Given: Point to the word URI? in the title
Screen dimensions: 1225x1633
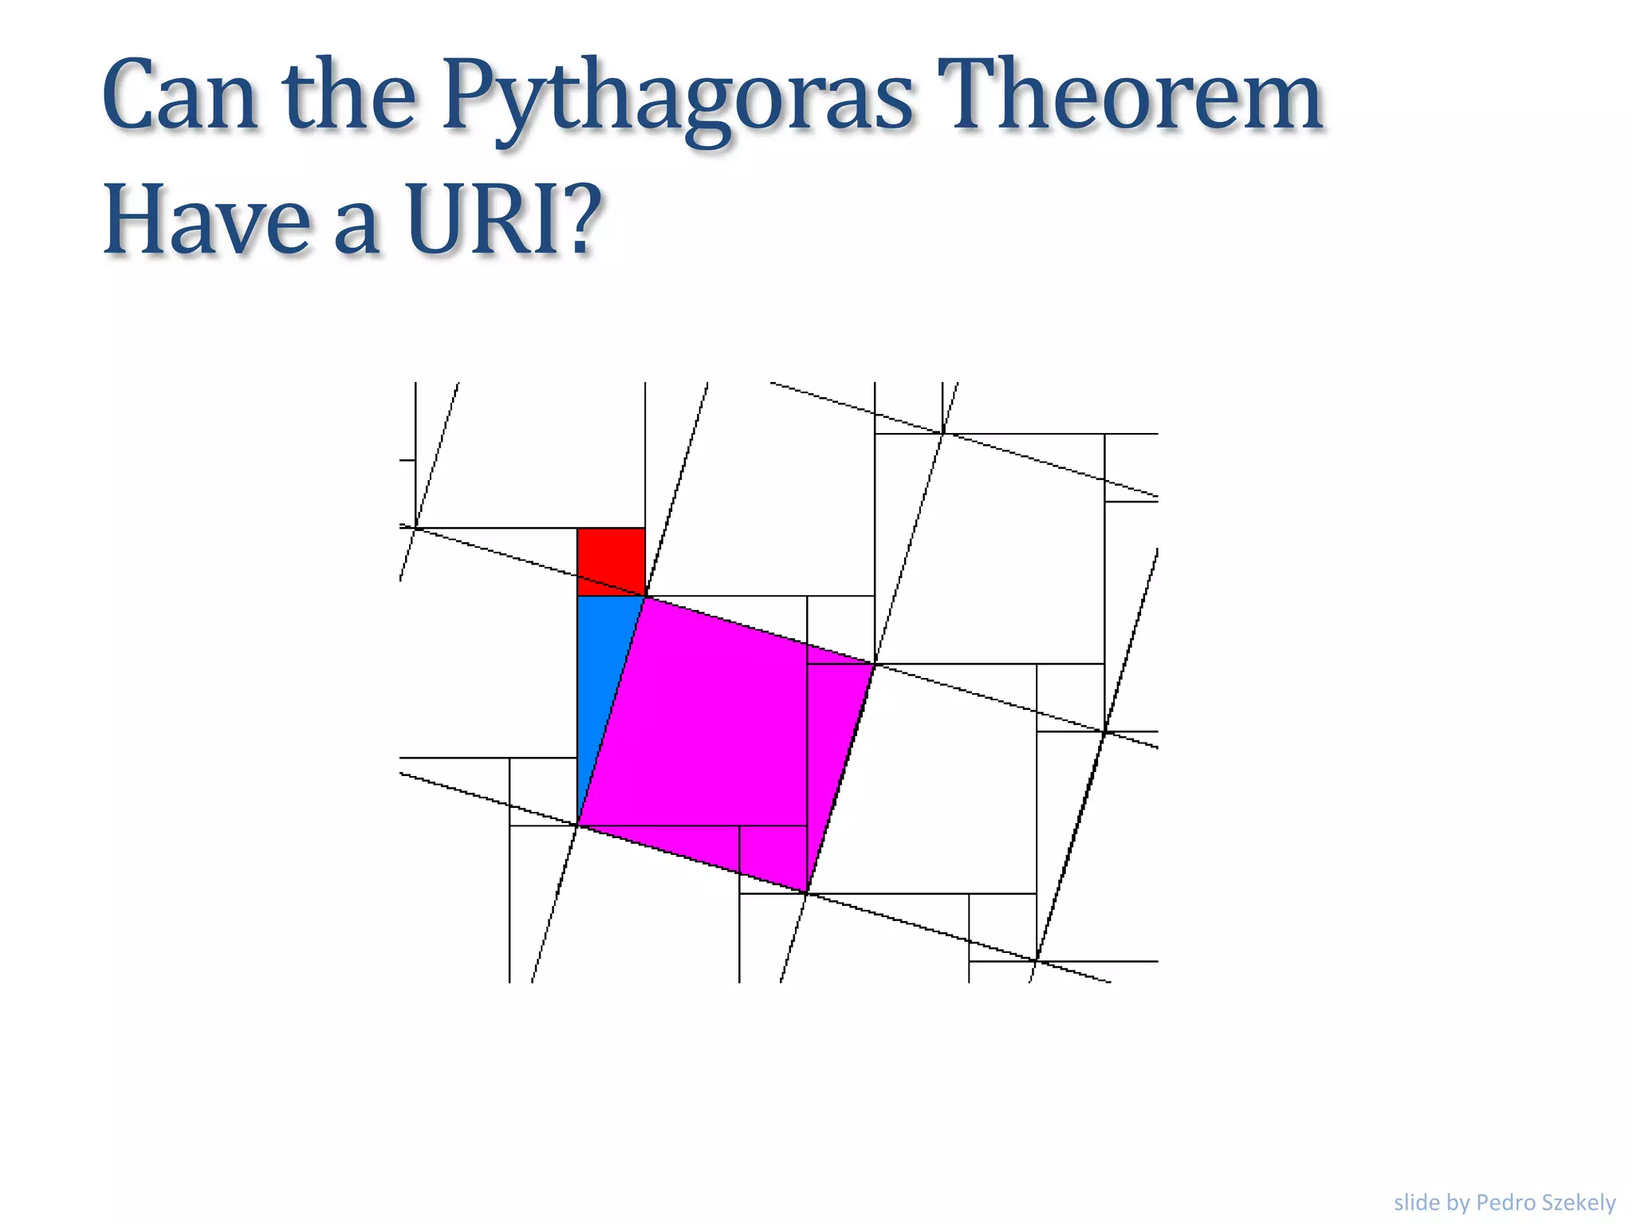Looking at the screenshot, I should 502,219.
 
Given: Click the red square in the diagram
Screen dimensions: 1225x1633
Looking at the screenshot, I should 611,561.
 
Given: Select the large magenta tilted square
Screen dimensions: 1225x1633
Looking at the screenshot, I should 726,742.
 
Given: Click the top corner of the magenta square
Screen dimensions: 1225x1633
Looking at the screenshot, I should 645,597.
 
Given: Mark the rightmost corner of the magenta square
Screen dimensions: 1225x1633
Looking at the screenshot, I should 875,664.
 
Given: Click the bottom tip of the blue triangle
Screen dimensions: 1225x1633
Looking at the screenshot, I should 578,825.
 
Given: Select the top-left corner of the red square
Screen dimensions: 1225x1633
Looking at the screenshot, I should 578,529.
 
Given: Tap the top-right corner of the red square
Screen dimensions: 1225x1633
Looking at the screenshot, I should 644,529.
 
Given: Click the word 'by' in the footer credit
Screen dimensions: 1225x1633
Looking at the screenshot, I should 1458,1203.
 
